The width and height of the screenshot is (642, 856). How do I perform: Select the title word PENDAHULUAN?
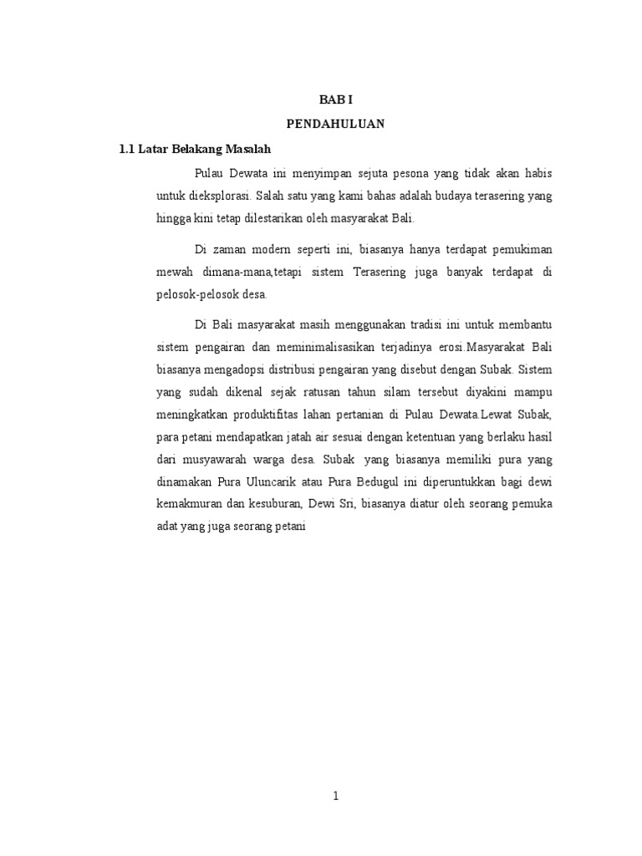[335, 124]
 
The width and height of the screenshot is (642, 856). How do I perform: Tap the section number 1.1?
[127, 149]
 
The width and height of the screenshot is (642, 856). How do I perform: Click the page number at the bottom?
[335, 797]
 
